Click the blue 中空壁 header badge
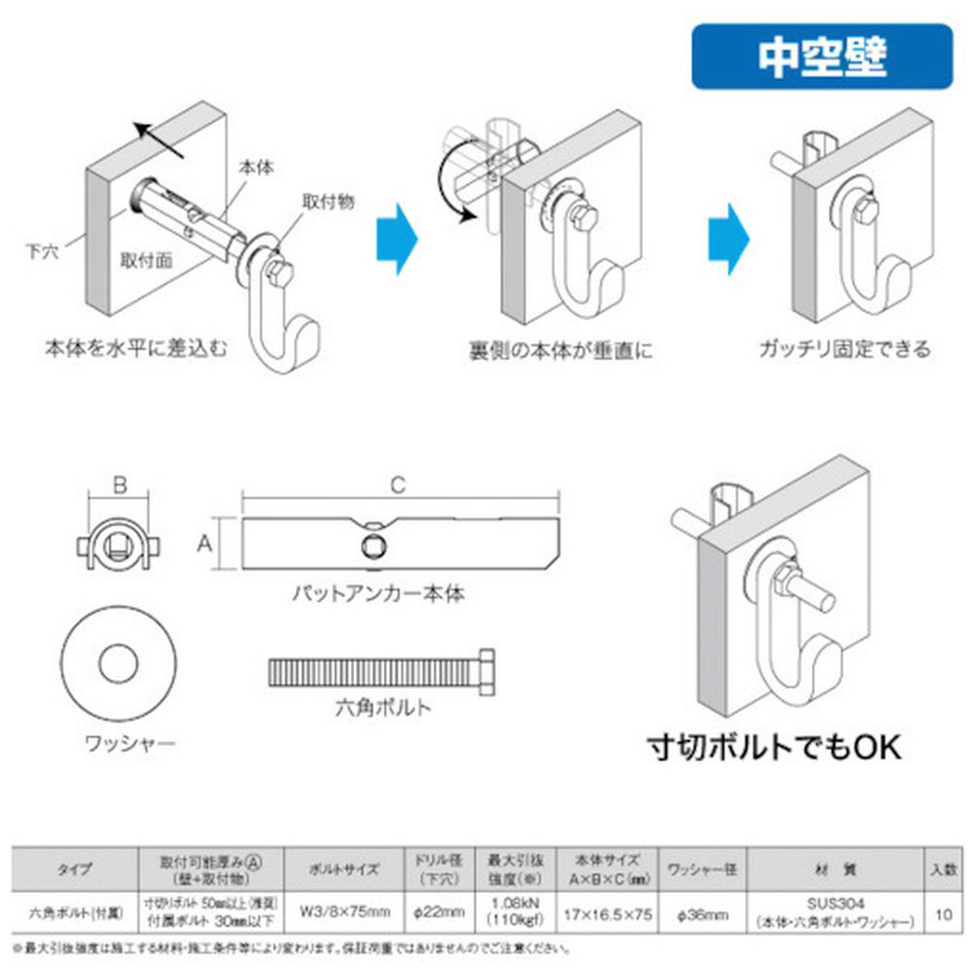tap(822, 57)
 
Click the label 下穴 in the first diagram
tap(42, 251)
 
